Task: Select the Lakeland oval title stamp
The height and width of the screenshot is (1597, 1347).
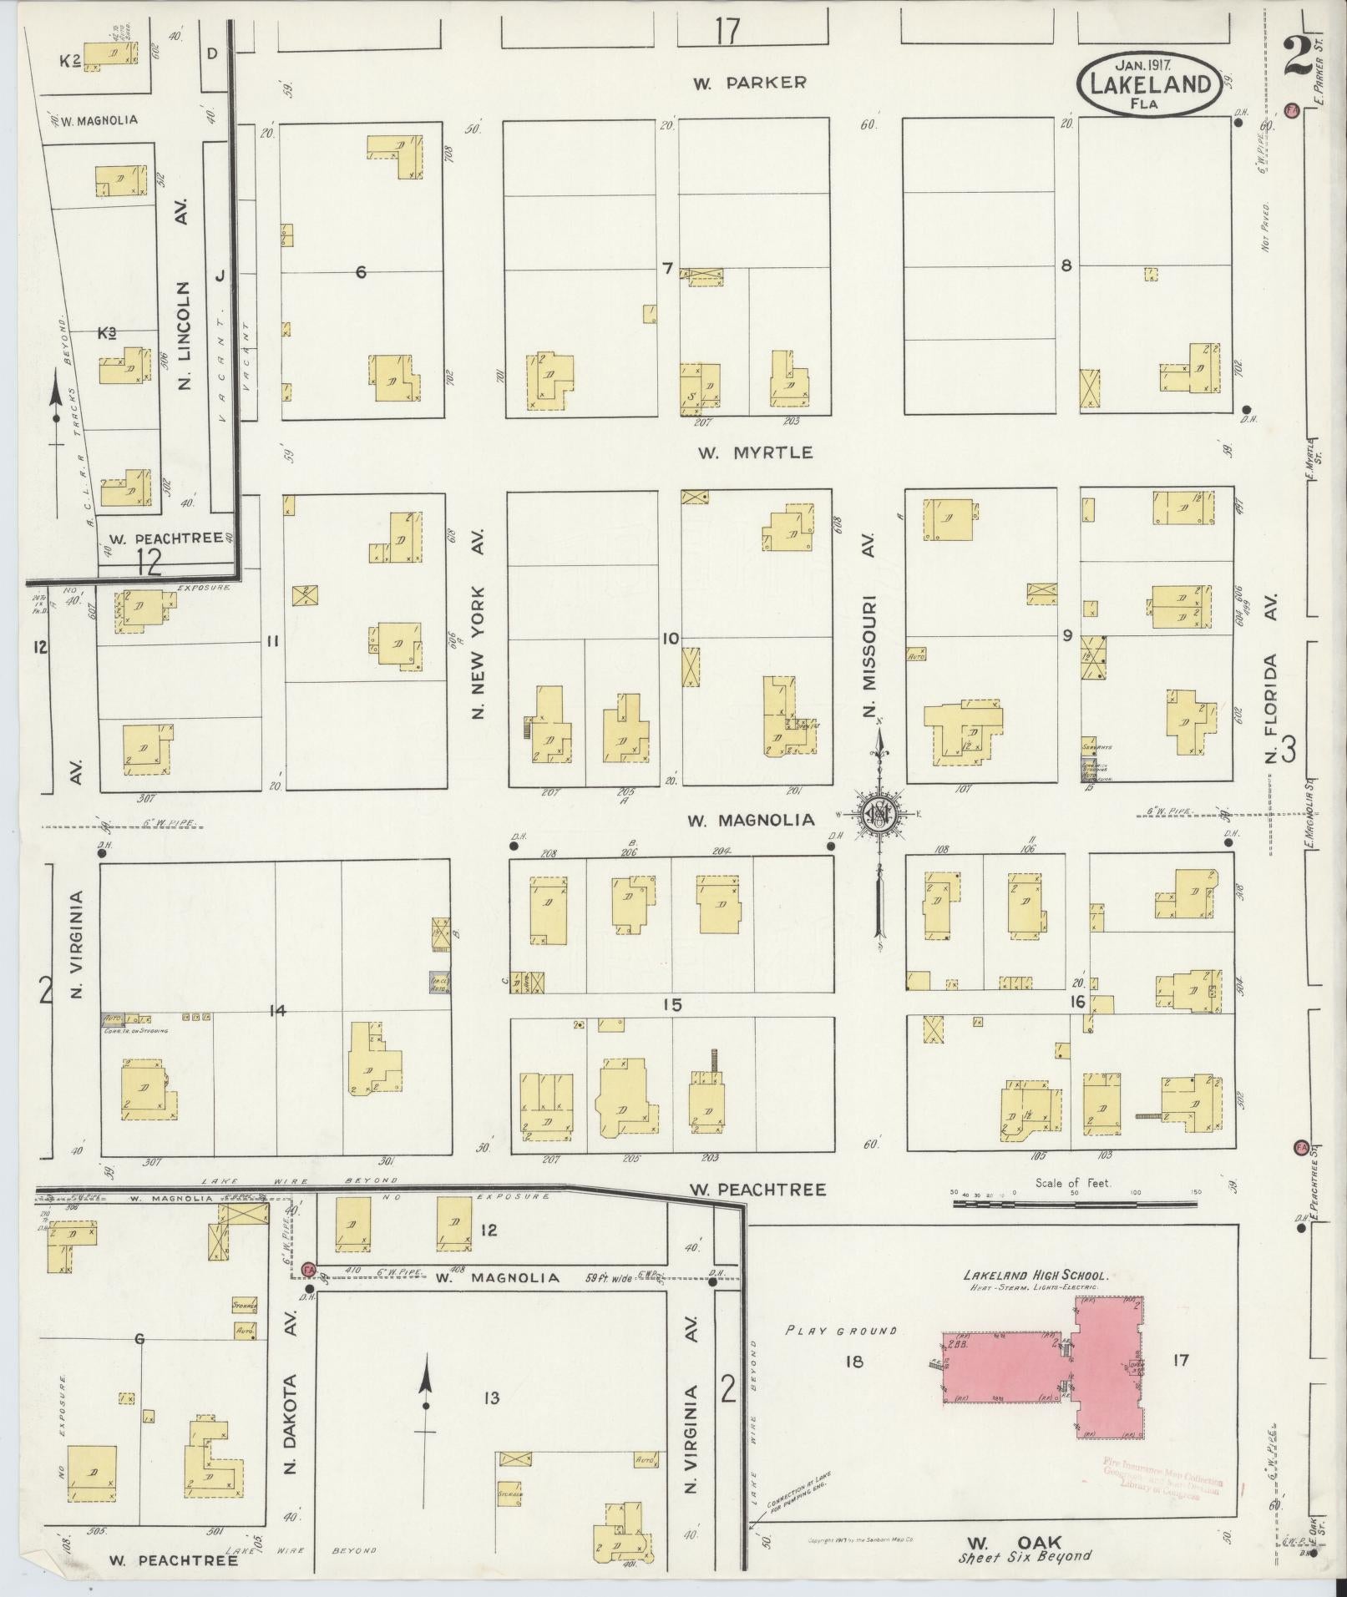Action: [x=1149, y=83]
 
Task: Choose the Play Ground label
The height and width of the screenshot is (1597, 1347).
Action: [x=840, y=1331]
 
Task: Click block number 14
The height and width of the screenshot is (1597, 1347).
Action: [x=277, y=1011]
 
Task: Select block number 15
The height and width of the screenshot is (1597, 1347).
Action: [x=672, y=1005]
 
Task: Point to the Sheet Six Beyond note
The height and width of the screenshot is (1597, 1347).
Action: [x=1025, y=1556]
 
